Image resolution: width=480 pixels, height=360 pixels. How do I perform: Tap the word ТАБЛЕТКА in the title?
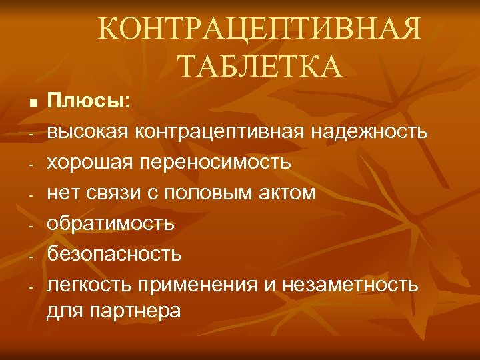[260, 66]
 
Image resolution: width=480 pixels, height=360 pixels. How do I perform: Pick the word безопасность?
[113, 254]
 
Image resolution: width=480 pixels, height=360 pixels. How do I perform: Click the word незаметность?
[351, 285]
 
